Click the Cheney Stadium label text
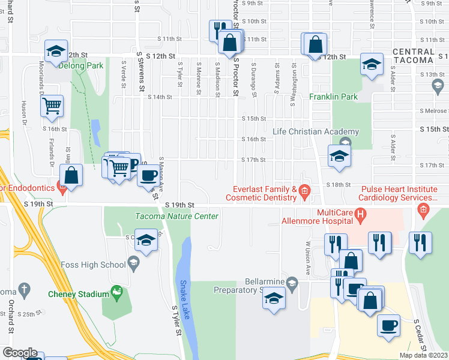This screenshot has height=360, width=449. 79,294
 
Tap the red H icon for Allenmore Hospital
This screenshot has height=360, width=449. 360,213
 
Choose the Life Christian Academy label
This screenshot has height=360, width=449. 316,132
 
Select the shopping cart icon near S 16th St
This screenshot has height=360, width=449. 52,106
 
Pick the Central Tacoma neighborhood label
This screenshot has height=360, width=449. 413,56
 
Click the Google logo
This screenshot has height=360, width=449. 20,353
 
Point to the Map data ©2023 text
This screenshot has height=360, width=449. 423,355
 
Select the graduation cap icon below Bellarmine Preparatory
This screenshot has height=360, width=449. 274,298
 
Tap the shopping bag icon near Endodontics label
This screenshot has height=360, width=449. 71,176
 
